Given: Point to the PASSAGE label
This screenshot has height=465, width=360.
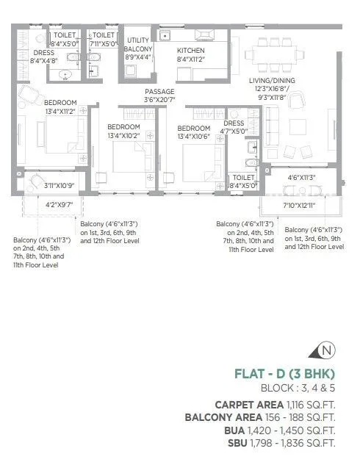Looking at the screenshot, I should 159,92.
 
